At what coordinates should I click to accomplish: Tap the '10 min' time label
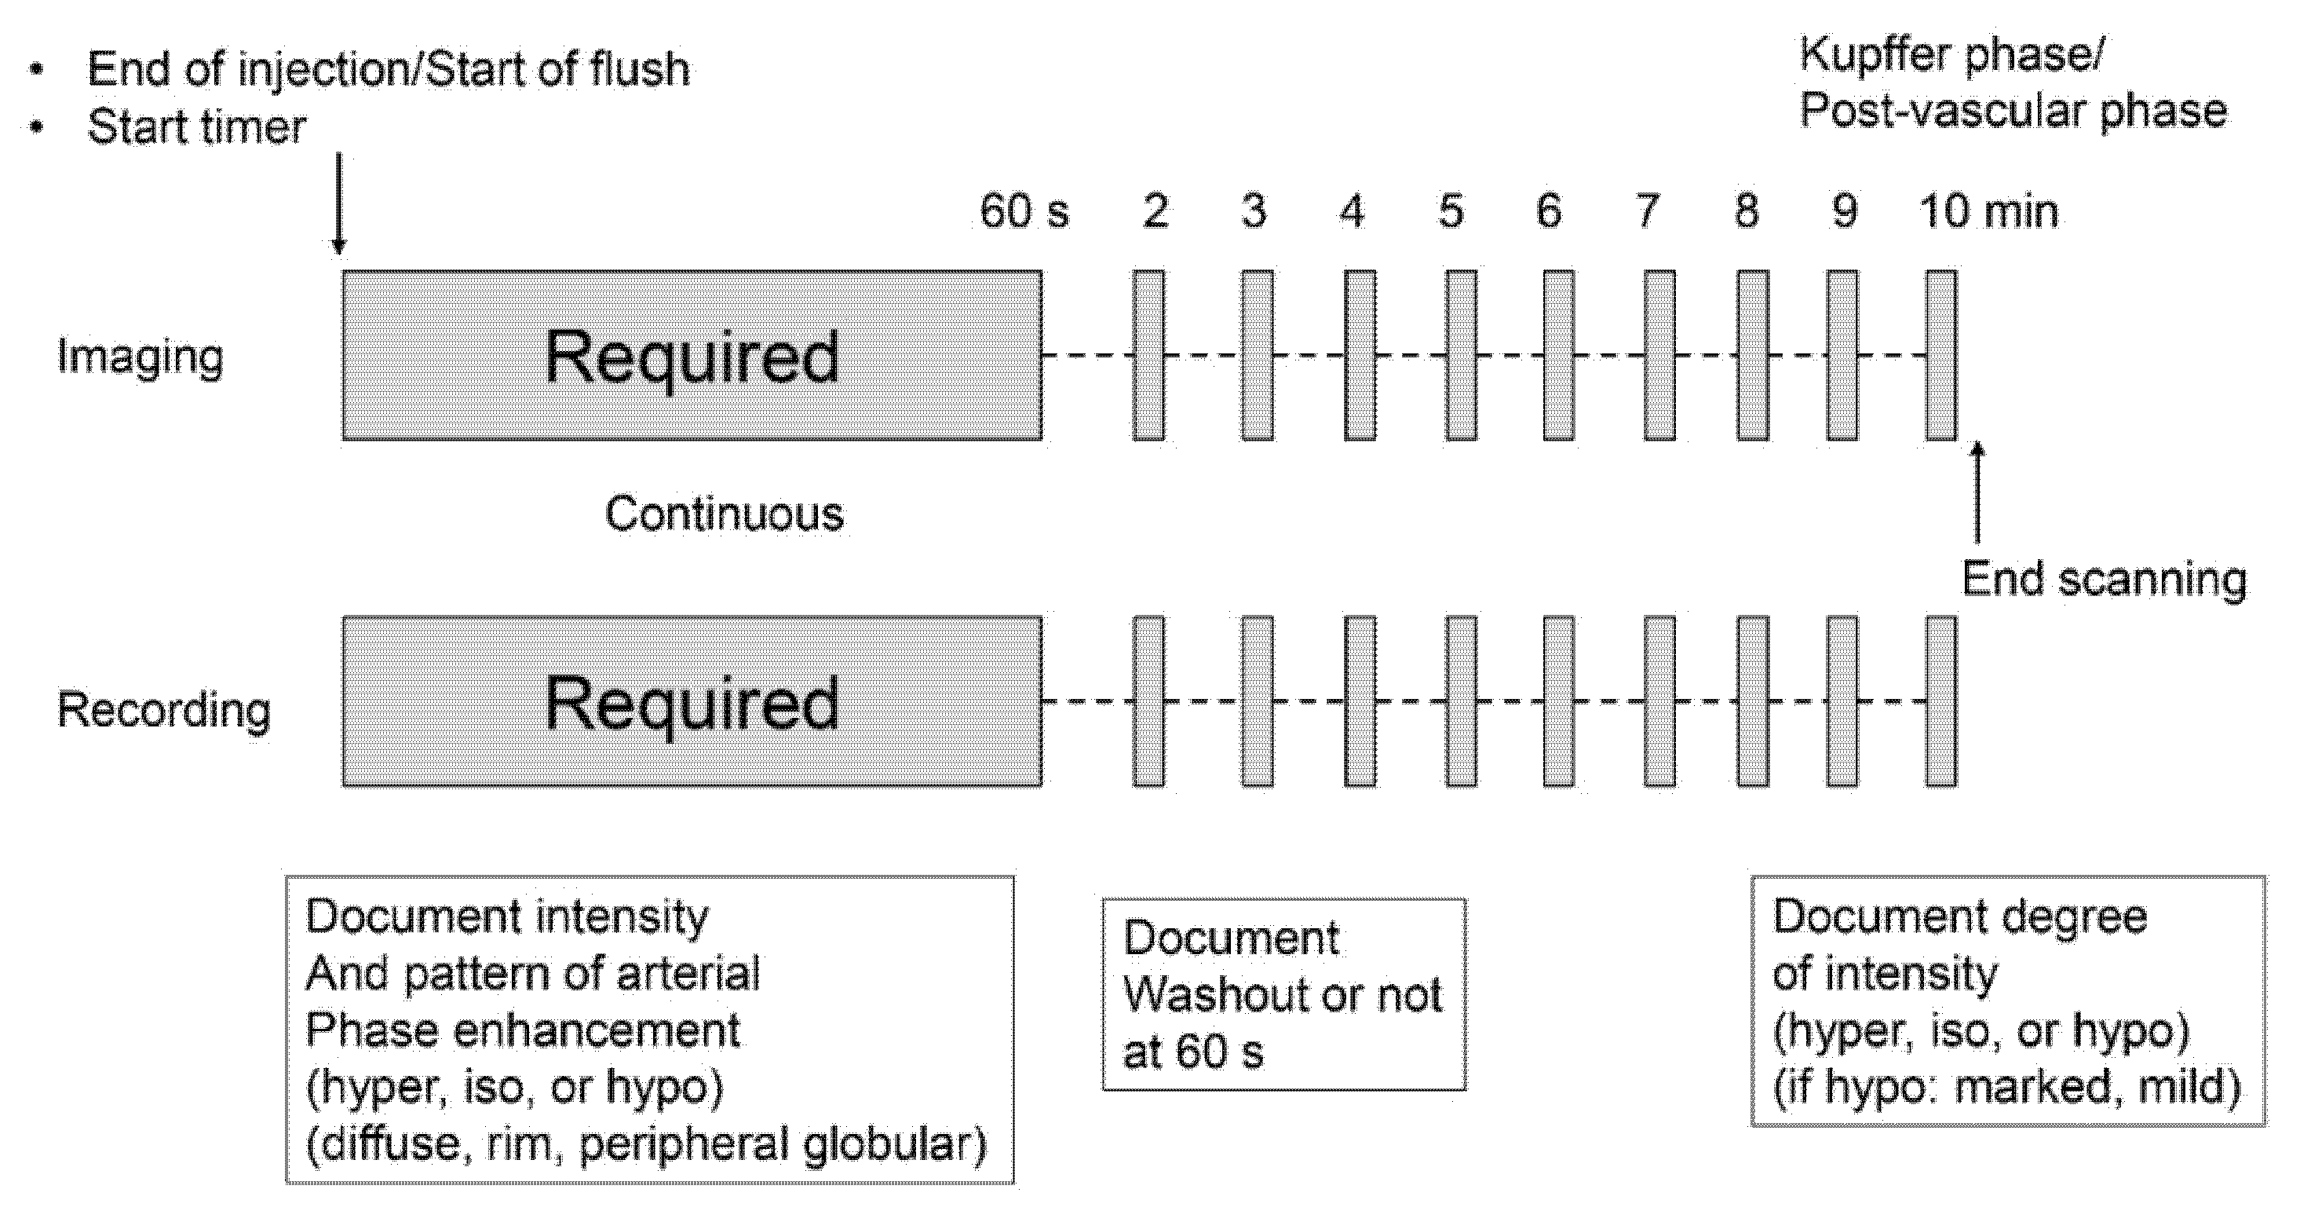(x=1988, y=212)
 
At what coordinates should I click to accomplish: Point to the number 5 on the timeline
(x=1451, y=212)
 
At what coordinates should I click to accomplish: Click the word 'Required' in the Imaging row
(x=692, y=357)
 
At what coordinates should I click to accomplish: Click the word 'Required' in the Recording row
(x=692, y=703)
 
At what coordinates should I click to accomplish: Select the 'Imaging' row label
(x=141, y=357)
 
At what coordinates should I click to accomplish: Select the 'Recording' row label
(x=164, y=710)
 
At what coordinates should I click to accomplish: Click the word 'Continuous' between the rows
(x=724, y=514)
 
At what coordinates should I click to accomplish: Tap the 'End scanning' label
(x=2104, y=579)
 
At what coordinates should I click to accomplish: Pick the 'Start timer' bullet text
(x=196, y=126)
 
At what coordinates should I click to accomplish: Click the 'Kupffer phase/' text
(x=1951, y=54)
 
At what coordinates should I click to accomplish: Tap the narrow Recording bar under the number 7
(x=1659, y=701)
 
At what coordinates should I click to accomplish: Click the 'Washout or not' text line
(x=1282, y=995)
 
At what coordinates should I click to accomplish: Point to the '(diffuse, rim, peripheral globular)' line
(x=646, y=1145)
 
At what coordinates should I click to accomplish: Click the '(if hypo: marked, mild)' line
(x=2006, y=1088)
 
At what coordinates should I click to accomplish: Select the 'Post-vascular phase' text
(x=2013, y=112)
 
